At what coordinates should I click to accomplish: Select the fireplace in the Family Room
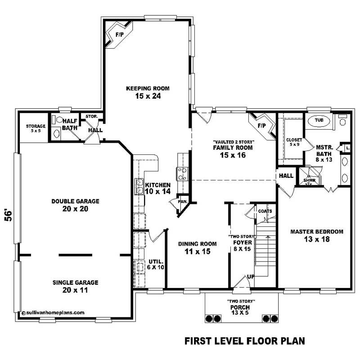pos(262,125)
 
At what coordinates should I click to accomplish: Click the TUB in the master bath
pos(319,121)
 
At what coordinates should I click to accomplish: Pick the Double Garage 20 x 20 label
pos(75,205)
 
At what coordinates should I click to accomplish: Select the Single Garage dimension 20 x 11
pos(75,290)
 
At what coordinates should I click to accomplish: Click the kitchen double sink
pos(139,186)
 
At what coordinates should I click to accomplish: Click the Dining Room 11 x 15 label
pos(197,247)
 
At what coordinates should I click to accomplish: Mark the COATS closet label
pos(264,211)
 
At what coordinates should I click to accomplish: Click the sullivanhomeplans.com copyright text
pos(53,312)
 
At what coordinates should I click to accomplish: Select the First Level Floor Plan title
pos(245,341)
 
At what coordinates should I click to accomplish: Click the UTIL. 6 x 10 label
pos(156,264)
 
